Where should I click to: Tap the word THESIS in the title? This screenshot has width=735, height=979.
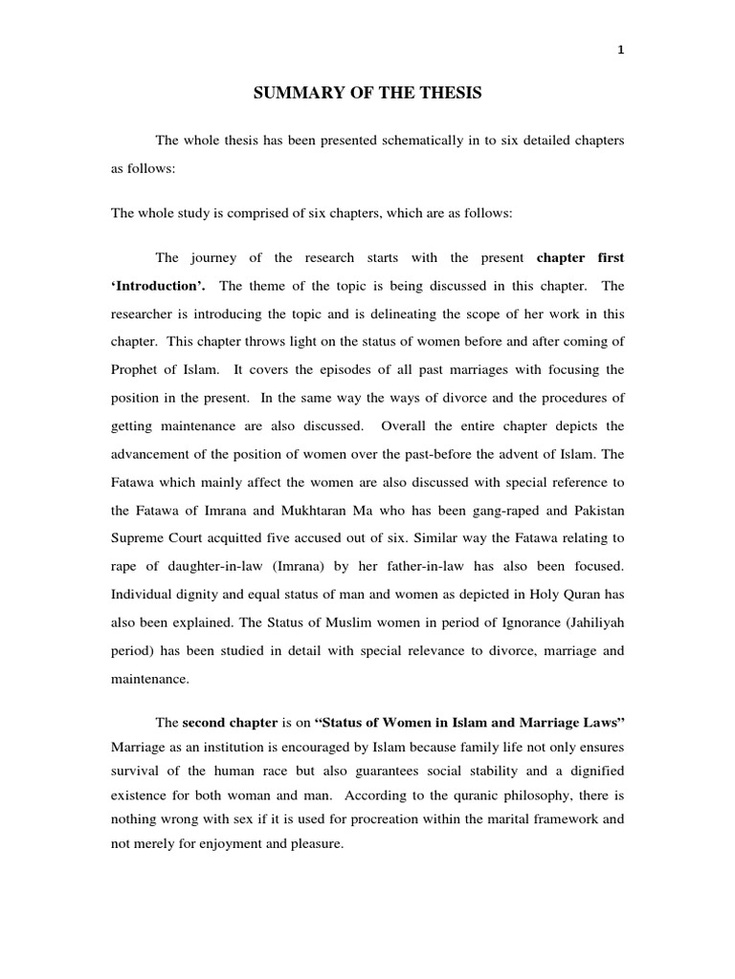pyautogui.click(x=450, y=93)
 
